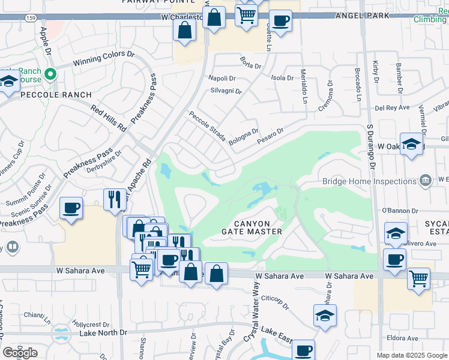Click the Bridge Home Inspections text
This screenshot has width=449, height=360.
369,181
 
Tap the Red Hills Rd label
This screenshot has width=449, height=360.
109,118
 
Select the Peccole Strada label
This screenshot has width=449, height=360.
207,127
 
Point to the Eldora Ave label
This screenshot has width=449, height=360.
403,338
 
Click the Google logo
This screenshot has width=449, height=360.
20,353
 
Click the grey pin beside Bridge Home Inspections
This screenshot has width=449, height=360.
425,179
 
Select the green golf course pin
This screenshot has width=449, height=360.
51,75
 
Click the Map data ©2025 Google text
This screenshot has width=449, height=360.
411,355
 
